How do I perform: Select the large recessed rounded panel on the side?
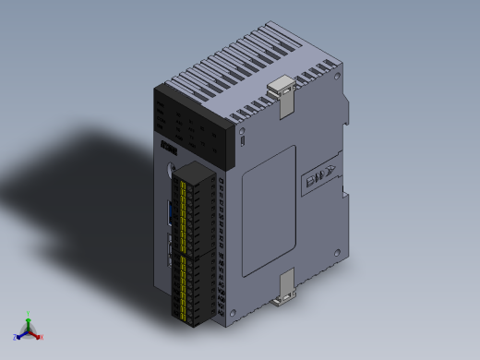tap(269, 210)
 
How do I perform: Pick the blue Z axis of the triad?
tap(20, 334)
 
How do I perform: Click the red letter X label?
tap(42, 337)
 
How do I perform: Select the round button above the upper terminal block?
tap(170, 169)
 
